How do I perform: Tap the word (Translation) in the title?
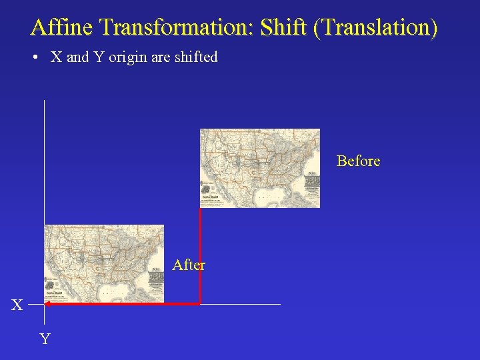(x=377, y=27)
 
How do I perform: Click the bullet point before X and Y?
(x=34, y=57)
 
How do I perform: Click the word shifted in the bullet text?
(x=196, y=57)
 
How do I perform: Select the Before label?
(x=358, y=161)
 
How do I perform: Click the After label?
(x=189, y=265)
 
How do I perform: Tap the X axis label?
(x=17, y=305)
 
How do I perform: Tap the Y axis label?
(x=45, y=339)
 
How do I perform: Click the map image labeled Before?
(x=260, y=168)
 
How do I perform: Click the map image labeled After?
(x=103, y=264)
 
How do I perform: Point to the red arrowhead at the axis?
(x=48, y=304)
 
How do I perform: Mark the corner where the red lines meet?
(x=200, y=304)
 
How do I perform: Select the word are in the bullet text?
(x=161, y=57)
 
